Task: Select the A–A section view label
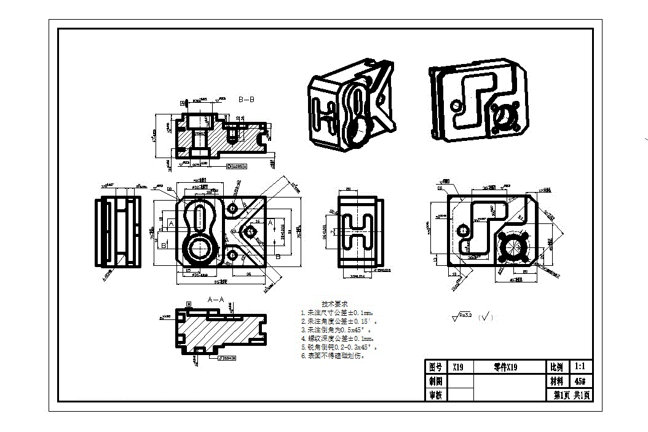(216, 299)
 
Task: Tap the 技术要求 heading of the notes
(335, 304)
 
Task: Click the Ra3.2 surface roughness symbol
(462, 317)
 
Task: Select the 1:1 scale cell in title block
(580, 367)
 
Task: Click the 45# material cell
(580, 381)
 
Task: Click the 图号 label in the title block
(435, 367)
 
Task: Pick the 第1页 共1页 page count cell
(573, 395)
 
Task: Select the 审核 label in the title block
(435, 395)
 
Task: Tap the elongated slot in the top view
(200, 215)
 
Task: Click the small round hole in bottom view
(462, 231)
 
